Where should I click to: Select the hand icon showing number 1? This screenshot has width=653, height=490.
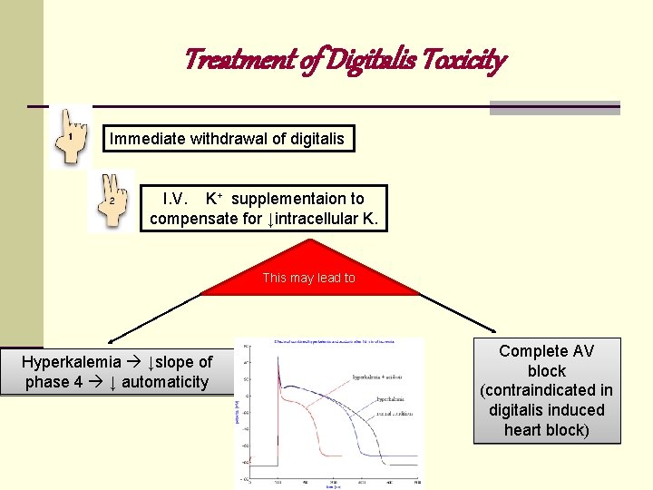pyautogui.click(x=70, y=137)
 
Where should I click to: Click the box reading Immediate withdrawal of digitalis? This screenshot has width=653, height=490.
pyautogui.click(x=227, y=139)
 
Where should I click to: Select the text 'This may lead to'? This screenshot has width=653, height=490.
pyautogui.click(x=308, y=278)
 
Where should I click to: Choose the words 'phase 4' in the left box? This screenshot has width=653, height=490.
pyautogui.click(x=53, y=382)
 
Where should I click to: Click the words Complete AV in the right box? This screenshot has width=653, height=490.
pyautogui.click(x=546, y=351)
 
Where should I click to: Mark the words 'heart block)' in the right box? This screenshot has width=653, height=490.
pyautogui.click(x=546, y=429)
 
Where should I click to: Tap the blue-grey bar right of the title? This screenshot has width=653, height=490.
pyautogui.click(x=554, y=108)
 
